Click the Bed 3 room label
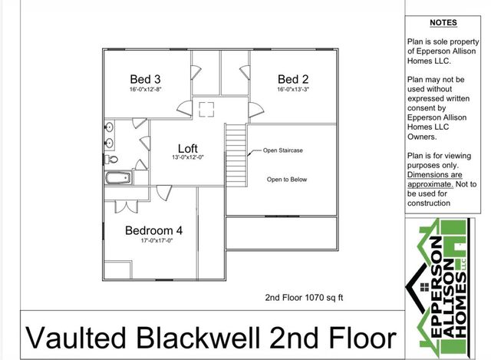[145, 79]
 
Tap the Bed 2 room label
[293, 79]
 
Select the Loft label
[188, 148]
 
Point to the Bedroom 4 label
[153, 230]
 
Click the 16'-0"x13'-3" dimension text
[293, 90]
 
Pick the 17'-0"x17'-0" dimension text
[156, 241]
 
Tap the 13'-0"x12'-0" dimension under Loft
[188, 158]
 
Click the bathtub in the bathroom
[118, 178]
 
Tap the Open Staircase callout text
[282, 150]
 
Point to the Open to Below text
[286, 180]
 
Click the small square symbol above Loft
[206, 109]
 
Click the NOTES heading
[443, 24]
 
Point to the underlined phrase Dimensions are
[434, 175]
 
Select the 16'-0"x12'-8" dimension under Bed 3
[145, 90]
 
